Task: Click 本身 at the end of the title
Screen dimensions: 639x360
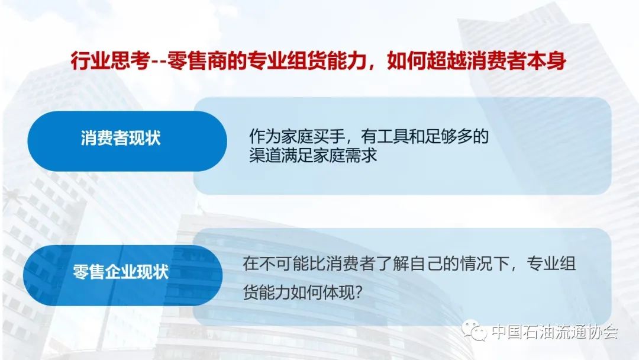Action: coord(546,61)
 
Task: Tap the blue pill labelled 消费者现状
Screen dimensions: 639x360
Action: coord(127,141)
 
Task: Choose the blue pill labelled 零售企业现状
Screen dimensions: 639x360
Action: coord(122,275)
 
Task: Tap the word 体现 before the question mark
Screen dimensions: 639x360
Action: coord(338,292)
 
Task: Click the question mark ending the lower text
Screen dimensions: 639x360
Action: coord(359,292)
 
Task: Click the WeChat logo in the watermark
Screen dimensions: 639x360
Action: coord(475,330)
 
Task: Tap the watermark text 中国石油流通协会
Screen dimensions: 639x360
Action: coord(554,332)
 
